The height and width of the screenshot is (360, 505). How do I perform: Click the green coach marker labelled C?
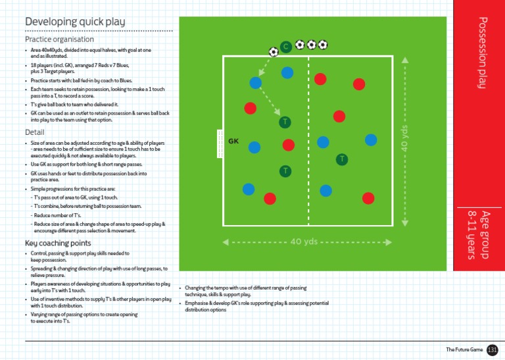[x=285, y=47]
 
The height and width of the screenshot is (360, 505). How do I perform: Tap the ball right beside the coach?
[x=274, y=51]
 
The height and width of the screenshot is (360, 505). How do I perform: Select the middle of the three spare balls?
[x=311, y=45]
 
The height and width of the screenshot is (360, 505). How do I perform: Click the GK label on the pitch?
[x=233, y=141]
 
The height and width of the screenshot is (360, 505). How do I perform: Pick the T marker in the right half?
[x=342, y=159]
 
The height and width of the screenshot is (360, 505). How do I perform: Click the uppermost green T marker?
[x=285, y=122]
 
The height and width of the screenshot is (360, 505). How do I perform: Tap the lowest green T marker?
[x=285, y=171]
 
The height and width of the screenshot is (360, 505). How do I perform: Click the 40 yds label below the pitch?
[x=304, y=242]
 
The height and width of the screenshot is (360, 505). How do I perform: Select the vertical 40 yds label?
[x=405, y=141]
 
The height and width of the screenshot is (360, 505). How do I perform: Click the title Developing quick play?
[x=75, y=22]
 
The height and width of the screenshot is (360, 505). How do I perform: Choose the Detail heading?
[x=34, y=132]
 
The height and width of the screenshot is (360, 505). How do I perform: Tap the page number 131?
[x=493, y=349]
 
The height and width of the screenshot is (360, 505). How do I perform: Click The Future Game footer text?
[x=464, y=349]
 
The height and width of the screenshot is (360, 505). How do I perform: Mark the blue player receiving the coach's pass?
[x=255, y=83]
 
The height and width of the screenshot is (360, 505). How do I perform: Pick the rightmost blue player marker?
[x=371, y=140]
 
